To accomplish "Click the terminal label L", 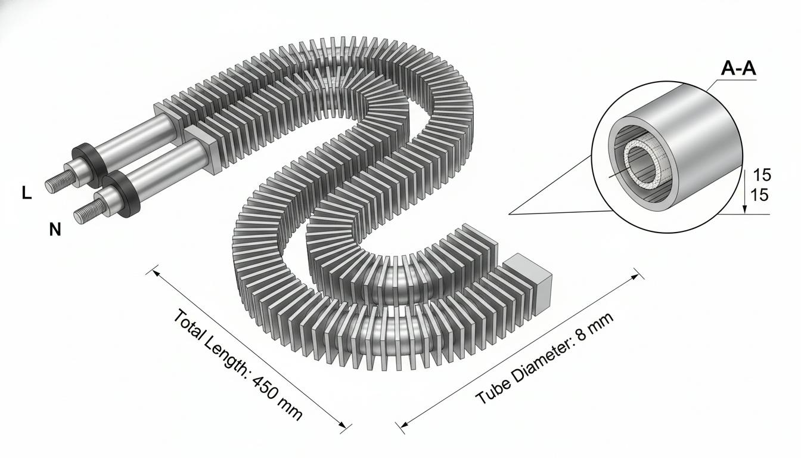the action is pyautogui.click(x=26, y=194).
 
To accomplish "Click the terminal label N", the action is pyautogui.click(x=55, y=230).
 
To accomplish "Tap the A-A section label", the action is pyautogui.click(x=738, y=69).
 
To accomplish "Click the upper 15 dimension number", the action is pyautogui.click(x=762, y=175).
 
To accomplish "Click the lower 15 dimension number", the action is pyautogui.click(x=759, y=196).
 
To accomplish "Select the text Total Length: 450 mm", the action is pyautogui.click(x=238, y=364).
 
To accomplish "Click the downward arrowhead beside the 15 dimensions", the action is pyautogui.click(x=744, y=209).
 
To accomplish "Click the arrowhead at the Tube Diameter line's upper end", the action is pyautogui.click(x=636, y=276).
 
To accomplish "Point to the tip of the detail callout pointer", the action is pyautogui.click(x=509, y=214).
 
